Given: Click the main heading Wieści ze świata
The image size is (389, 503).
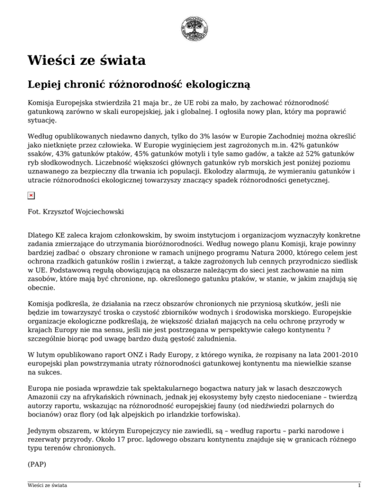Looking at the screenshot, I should tap(86, 61).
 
